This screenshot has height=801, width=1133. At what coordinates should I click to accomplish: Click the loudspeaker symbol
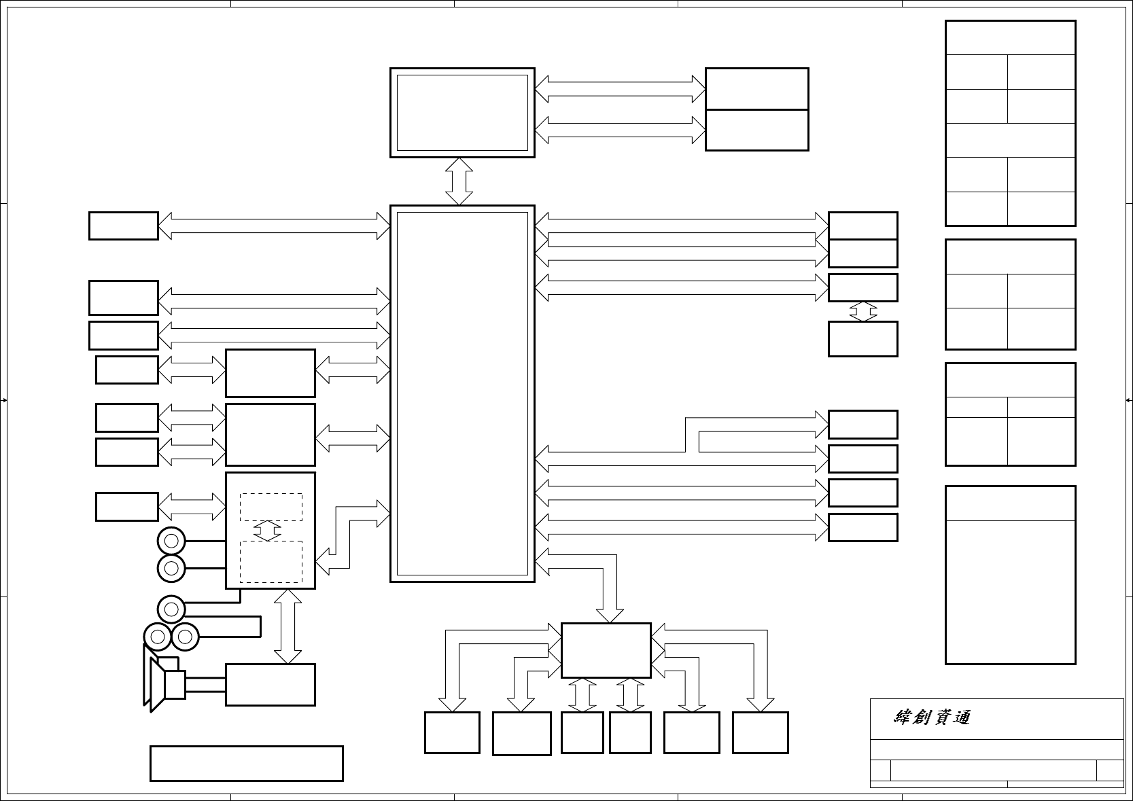point(163,679)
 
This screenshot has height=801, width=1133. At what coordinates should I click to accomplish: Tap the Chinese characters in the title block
point(931,717)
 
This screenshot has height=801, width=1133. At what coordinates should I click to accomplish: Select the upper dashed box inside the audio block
point(271,507)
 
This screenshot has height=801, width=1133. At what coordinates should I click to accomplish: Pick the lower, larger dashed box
point(271,561)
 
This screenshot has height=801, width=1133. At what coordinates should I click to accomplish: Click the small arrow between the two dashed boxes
point(268,531)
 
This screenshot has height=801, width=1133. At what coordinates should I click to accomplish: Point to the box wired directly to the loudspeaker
point(270,685)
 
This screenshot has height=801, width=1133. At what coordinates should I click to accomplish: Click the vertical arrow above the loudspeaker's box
point(287,626)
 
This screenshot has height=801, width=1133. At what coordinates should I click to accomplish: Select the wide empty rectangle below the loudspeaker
point(246,764)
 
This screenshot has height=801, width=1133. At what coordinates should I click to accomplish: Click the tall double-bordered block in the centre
point(462,393)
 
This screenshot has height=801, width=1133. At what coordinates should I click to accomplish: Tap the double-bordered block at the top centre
point(462,112)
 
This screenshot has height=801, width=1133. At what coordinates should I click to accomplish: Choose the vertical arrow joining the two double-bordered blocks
point(459,181)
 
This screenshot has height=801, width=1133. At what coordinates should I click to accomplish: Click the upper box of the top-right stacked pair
point(756,88)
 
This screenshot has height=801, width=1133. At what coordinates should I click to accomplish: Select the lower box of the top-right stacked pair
point(756,130)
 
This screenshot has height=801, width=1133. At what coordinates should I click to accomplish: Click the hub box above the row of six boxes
point(606,650)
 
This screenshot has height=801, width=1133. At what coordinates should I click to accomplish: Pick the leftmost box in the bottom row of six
point(452,732)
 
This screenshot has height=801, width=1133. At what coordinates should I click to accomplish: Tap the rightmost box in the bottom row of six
point(760,732)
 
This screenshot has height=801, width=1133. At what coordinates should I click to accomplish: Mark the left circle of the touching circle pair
point(158,637)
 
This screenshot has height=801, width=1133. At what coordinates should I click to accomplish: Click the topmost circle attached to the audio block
point(171,541)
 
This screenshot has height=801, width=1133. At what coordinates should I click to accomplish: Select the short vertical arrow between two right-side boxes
point(862,311)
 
